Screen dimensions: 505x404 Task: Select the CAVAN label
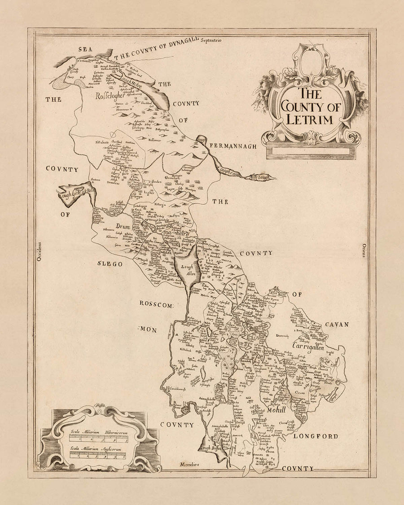[338, 324]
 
